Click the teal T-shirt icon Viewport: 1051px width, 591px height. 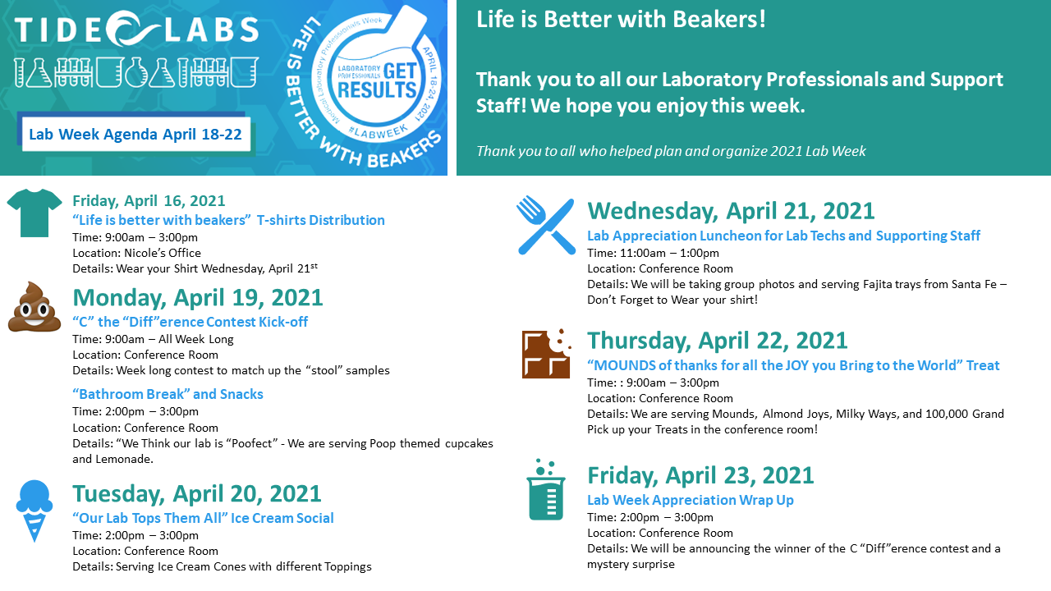point(34,213)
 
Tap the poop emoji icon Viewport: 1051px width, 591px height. point(34,307)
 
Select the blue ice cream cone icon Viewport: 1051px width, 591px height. point(34,511)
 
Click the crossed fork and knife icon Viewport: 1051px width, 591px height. point(546,226)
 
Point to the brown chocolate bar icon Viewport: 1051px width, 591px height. point(547,354)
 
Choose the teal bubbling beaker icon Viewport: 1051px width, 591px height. point(546,490)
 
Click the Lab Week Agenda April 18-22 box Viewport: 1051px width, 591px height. point(135,134)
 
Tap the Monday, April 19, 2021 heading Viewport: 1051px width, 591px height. point(198,297)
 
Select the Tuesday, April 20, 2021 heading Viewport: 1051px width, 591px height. point(196,493)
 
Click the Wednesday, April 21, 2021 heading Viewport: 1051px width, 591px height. point(731,211)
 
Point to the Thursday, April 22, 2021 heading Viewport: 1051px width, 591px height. point(718,341)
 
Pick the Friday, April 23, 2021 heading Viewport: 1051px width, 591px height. point(700,475)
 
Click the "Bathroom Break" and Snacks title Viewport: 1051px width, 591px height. point(168,394)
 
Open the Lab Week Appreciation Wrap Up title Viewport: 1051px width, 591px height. point(691,500)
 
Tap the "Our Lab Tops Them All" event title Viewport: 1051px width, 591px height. point(203,518)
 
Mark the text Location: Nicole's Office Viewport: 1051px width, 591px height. point(136,253)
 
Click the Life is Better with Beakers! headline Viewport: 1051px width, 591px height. point(621,20)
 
